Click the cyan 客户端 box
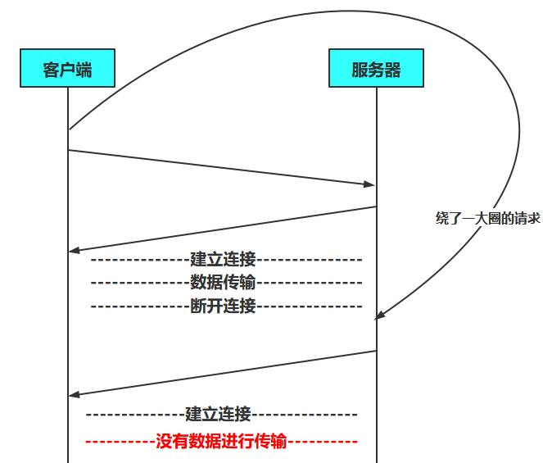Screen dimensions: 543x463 click(67, 69)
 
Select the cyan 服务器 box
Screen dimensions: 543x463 click(376, 69)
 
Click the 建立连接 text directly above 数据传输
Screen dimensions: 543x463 click(223, 260)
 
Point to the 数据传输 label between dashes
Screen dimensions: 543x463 click(223, 283)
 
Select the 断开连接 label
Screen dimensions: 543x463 click(223, 306)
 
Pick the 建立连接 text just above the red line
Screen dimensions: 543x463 click(218, 414)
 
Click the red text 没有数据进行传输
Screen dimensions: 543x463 click(221, 442)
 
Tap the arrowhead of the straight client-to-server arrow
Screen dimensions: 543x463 click(369, 185)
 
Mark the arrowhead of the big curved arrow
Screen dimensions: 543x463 click(380, 316)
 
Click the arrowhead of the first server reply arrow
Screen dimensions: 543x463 click(74, 250)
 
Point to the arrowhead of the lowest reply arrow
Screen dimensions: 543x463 click(74, 394)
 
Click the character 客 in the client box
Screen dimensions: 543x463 click(52, 70)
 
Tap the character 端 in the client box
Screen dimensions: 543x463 click(84, 70)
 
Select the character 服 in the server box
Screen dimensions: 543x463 click(360, 70)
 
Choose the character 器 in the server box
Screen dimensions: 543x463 click(392, 70)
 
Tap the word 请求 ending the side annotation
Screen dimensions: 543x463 click(527, 218)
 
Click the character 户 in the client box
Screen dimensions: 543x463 click(67, 70)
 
